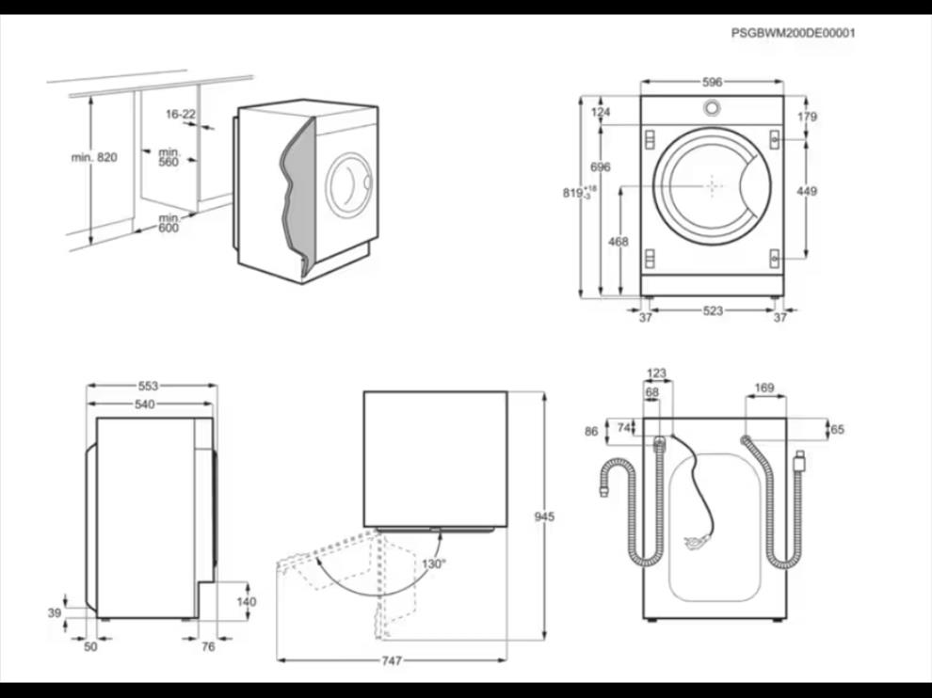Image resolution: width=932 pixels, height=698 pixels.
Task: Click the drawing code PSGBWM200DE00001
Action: coord(794,33)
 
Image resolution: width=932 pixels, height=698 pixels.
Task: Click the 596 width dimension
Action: coord(713,83)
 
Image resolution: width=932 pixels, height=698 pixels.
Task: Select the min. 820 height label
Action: coord(94,157)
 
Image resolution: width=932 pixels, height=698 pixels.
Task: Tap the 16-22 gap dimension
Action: coord(181,114)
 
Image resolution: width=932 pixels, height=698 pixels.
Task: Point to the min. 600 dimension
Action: coord(168,224)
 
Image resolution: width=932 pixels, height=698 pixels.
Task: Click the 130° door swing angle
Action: coord(433,563)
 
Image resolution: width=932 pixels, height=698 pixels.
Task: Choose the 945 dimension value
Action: coord(544,517)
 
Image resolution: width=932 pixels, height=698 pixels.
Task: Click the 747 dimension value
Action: coord(391,661)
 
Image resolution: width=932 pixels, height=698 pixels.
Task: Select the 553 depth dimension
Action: coord(148,386)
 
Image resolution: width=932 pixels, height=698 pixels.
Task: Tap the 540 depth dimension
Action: coord(144,405)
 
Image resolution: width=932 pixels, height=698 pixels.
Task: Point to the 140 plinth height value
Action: coord(246,601)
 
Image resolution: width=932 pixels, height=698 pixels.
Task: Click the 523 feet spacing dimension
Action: coord(713,311)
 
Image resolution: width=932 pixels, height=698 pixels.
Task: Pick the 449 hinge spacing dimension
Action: coord(807,192)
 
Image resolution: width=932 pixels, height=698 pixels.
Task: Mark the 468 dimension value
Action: coord(619,242)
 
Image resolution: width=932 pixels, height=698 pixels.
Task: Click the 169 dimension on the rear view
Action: coord(764,387)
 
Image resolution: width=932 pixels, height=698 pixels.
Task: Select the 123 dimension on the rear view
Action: coord(656,373)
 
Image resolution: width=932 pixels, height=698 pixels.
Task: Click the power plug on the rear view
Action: coord(696,541)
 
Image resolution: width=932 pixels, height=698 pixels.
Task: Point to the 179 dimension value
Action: coord(807,118)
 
